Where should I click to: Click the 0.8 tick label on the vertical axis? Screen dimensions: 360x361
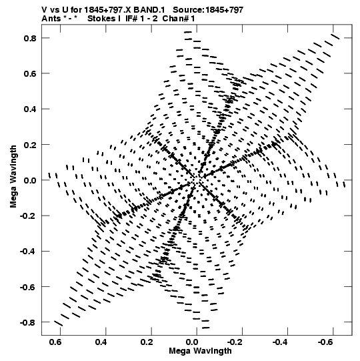(x=30, y=38)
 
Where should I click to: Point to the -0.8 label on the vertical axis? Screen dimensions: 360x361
(x=28, y=322)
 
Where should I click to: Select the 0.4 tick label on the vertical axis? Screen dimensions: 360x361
(x=30, y=109)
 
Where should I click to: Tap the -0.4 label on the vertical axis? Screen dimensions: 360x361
(x=28, y=251)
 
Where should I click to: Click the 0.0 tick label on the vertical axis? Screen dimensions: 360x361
(x=30, y=180)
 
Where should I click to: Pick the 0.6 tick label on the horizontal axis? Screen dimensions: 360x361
(x=55, y=342)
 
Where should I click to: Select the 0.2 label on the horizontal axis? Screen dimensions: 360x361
(x=147, y=342)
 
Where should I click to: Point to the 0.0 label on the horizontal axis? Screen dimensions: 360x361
(x=192, y=342)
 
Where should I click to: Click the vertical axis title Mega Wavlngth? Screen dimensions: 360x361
(x=13, y=177)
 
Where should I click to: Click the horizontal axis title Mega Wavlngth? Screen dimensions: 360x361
(x=200, y=351)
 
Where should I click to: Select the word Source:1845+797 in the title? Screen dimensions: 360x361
(x=208, y=10)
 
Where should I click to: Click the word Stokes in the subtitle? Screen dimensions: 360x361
(x=101, y=19)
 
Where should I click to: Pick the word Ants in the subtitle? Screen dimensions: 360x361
(x=51, y=19)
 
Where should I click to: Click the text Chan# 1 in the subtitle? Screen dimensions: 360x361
(x=179, y=19)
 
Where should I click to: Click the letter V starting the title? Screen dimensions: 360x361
(x=45, y=10)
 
